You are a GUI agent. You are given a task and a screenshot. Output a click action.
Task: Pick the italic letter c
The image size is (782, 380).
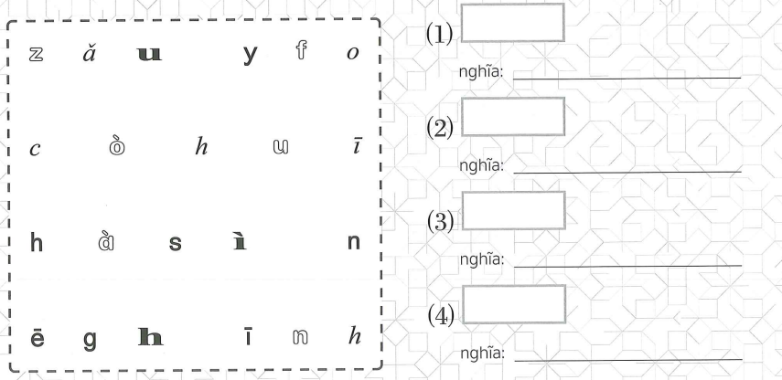(35, 151)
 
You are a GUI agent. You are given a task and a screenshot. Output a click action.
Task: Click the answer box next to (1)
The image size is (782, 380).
(512, 22)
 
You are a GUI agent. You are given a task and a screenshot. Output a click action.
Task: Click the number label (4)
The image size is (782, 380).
(441, 313)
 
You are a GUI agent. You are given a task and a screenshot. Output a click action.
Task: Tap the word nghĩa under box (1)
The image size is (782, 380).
(486, 74)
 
